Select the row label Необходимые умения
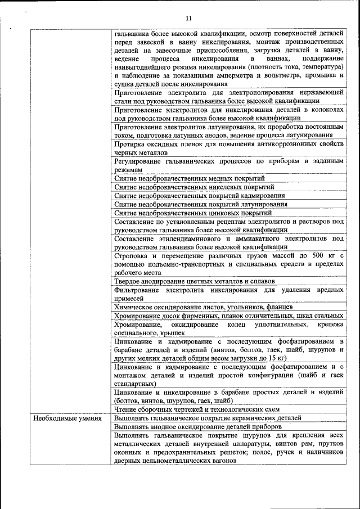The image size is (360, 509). [67, 418]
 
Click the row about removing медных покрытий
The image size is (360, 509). [189, 178]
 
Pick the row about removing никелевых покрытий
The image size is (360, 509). [194, 187]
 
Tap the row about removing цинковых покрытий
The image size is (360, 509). [189, 213]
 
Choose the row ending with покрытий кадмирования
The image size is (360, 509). [199, 196]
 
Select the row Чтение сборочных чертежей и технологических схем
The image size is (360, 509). [196, 409]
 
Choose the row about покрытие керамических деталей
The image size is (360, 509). [208, 418]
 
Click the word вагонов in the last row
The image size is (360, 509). [220, 460]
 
